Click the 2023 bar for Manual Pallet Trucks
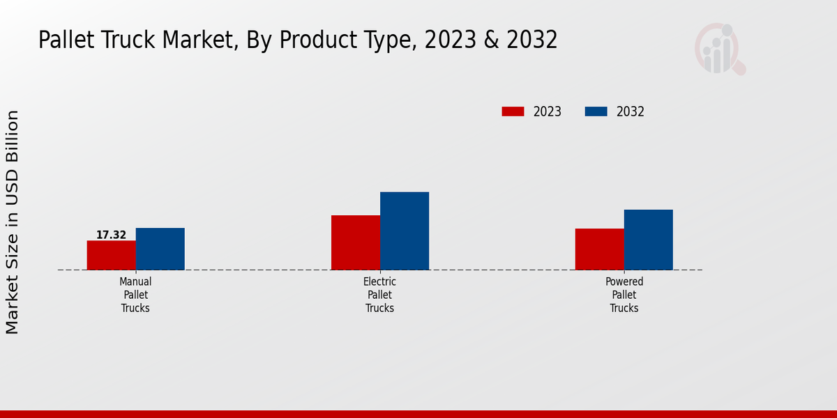(x=111, y=255)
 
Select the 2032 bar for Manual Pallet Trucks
(x=160, y=249)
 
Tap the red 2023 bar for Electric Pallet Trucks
(x=355, y=242)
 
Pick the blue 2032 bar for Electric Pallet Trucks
(x=404, y=231)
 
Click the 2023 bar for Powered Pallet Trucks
(x=599, y=249)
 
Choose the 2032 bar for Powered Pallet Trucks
(x=648, y=240)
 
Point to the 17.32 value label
(x=111, y=235)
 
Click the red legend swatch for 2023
(x=513, y=111)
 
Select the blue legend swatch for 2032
(x=596, y=111)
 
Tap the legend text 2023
(x=548, y=111)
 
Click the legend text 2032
(x=631, y=111)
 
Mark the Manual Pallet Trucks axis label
(x=135, y=295)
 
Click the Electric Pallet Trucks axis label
(x=379, y=295)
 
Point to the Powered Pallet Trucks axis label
(x=624, y=295)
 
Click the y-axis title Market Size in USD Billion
(x=13, y=222)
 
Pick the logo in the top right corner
(x=719, y=49)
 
